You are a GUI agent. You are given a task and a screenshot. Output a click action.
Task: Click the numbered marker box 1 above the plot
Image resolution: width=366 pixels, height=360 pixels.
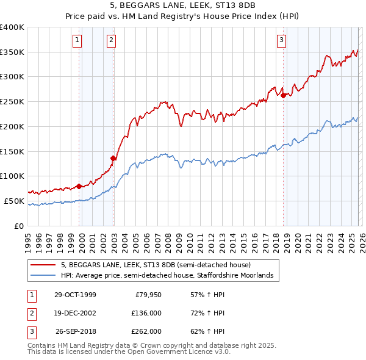pos(78,41)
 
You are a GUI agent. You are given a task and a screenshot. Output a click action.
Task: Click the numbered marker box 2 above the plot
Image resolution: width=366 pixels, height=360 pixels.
pos(112,41)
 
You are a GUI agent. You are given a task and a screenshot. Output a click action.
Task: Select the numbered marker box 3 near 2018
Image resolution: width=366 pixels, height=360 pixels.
pos(281,41)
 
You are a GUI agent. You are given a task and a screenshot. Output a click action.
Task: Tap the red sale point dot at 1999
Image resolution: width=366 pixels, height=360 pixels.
pos(79,186)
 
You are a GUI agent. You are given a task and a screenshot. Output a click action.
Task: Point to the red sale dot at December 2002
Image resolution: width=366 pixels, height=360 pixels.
pos(113,158)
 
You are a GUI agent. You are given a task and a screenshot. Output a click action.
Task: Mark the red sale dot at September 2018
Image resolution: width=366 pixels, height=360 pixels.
pos(284,95)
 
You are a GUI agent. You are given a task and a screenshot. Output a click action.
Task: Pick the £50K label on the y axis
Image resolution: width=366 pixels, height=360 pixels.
pos(15,201)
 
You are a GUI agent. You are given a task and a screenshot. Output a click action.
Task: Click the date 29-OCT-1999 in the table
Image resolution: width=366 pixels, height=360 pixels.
pos(75,295)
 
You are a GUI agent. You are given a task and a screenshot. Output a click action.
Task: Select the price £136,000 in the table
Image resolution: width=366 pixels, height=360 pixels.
pos(146,313)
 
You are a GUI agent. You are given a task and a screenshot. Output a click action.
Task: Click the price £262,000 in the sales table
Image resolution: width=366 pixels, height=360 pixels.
pos(146,331)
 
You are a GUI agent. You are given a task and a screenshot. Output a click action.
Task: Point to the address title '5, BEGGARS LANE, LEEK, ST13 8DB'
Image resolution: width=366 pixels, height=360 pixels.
pos(183,7)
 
